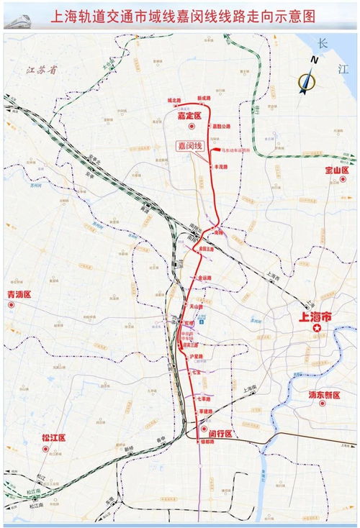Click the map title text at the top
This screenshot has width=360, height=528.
pos(185,15)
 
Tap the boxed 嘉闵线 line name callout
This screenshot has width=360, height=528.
pos(192,145)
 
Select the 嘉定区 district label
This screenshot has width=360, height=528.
pos(192,114)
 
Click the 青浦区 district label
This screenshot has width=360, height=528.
pos(20,295)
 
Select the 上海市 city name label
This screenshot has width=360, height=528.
pos(315,316)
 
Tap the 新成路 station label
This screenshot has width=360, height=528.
pos(204,100)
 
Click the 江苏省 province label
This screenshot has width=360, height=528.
pos(40,70)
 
